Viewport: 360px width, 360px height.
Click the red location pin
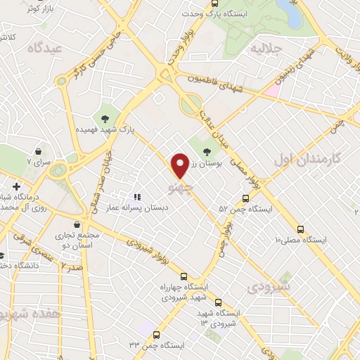pyautogui.click(x=180, y=165)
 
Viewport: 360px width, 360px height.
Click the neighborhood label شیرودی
pyautogui.click(x=267, y=288)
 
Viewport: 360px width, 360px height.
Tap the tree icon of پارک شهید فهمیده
pyautogui.click(x=105, y=117)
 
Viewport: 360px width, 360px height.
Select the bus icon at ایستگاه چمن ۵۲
pyautogui.click(x=245, y=198)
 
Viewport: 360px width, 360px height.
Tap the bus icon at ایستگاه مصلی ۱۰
pyautogui.click(x=300, y=229)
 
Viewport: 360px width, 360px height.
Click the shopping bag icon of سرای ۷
pyautogui.click(x=37, y=150)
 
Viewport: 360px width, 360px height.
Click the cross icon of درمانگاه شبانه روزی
pyautogui.click(x=16, y=186)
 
